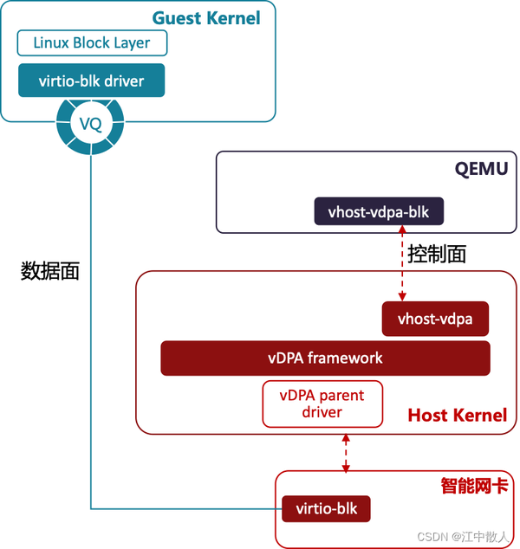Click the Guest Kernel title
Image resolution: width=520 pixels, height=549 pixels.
coord(205,17)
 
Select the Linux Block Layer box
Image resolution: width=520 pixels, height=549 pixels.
coord(91,42)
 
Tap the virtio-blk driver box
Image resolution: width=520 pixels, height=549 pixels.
coord(91,81)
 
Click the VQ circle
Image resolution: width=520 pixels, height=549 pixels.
coord(91,124)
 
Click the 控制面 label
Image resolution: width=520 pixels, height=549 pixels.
coord(437,254)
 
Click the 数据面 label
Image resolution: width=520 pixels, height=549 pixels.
coord(50,271)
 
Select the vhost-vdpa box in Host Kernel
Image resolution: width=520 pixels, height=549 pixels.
coord(435,319)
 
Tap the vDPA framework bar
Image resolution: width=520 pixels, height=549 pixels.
coord(325,358)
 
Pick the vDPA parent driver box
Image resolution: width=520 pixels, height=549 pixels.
coord(322,404)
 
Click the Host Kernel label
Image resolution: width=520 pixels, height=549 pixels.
coord(457,416)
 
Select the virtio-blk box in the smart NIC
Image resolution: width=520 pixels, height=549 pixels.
coord(326,508)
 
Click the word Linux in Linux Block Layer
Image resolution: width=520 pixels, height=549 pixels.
coord(50,42)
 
